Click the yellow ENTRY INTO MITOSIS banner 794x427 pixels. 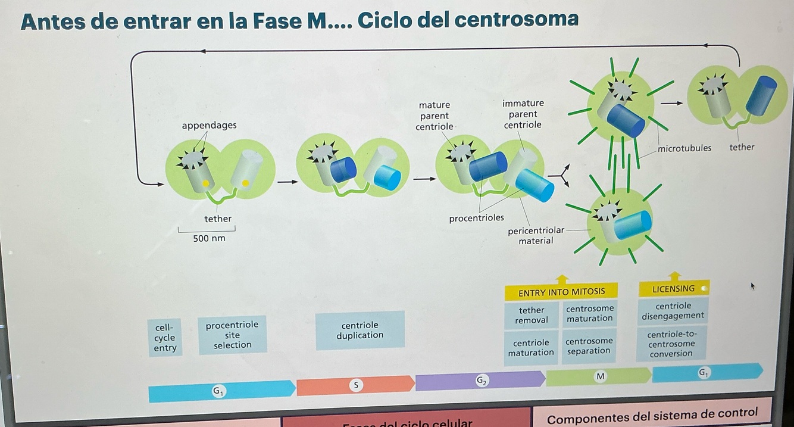561,292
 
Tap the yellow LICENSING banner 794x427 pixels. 673,289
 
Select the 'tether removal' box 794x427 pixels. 531,315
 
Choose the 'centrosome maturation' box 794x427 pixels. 589,314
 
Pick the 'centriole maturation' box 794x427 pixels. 531,348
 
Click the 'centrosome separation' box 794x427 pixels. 588,346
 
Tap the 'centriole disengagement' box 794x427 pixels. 672,311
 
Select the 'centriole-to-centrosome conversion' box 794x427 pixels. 671,344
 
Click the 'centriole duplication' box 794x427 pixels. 360,330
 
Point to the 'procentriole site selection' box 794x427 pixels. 232,335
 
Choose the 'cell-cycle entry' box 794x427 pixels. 165,338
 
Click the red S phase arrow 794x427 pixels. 355,385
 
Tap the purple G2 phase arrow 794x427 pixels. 480,380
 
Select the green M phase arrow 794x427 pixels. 598,376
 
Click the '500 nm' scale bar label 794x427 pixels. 209,239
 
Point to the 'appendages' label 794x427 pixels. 209,125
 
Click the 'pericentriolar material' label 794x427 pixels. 535,236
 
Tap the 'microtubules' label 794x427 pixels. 684,148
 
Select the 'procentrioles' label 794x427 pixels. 476,219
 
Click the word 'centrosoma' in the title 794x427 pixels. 516,20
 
